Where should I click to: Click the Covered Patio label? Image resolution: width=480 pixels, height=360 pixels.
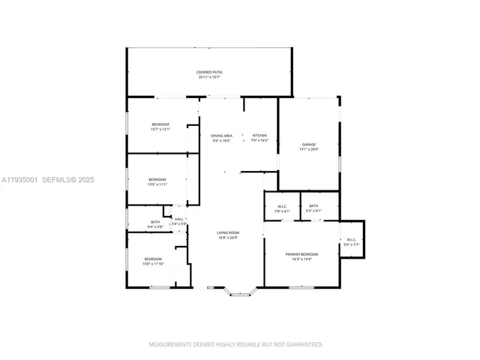coord(210,72)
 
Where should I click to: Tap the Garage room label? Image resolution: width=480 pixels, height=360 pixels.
coord(309,144)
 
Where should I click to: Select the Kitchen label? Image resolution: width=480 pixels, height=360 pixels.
coord(259,136)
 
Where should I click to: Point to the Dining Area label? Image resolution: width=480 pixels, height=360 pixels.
coord(220,136)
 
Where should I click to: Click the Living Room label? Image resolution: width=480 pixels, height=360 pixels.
coord(228,233)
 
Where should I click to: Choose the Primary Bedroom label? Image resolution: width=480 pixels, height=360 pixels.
coord(302,254)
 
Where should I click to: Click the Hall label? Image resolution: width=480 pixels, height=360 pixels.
coord(179,219)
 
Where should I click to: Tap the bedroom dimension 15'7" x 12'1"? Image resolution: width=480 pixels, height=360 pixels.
coord(160,129)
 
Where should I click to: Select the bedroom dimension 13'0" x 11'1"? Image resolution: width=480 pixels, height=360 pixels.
coord(157,184)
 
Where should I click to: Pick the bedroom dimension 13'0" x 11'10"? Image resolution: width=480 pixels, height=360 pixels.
coord(153,264)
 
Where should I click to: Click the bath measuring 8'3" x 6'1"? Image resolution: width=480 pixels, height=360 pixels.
coord(313,211)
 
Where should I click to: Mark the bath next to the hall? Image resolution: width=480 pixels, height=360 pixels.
coord(155,222)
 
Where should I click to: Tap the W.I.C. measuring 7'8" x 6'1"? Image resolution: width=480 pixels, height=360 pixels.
coord(283,211)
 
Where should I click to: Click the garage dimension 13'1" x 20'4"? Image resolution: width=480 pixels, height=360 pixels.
coord(309,149)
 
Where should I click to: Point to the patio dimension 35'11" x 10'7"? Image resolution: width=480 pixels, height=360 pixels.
coord(210,77)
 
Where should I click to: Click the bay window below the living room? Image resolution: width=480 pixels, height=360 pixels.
coord(240,294)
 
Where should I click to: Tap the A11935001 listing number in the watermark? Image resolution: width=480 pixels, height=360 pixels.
coord(19,180)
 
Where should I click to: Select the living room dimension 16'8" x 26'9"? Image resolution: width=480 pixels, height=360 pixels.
coord(228,238)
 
